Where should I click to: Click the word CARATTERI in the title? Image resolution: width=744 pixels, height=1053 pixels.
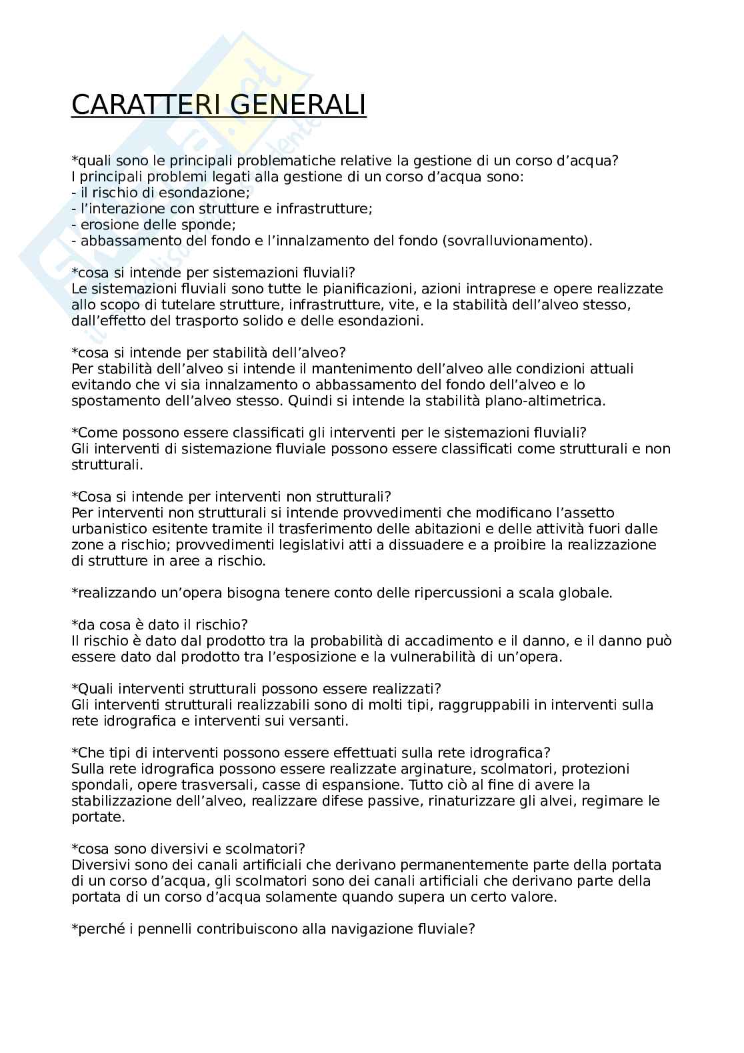(x=141, y=105)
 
